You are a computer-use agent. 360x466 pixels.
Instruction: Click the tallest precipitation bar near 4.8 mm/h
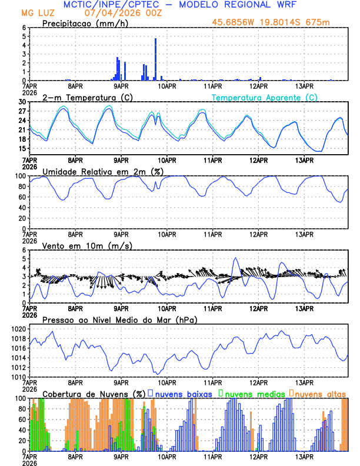[x=155, y=59]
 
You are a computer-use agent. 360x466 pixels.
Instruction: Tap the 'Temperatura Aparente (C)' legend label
[x=265, y=97]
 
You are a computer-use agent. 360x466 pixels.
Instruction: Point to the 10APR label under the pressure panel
[x=167, y=381]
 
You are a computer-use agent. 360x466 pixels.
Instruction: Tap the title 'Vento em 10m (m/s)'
[x=87, y=245]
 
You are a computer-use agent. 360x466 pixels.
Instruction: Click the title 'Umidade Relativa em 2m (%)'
[x=103, y=171]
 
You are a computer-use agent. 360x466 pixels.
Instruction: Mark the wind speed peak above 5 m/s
[x=236, y=258]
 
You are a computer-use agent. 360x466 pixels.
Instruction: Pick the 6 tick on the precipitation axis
[x=24, y=28]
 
